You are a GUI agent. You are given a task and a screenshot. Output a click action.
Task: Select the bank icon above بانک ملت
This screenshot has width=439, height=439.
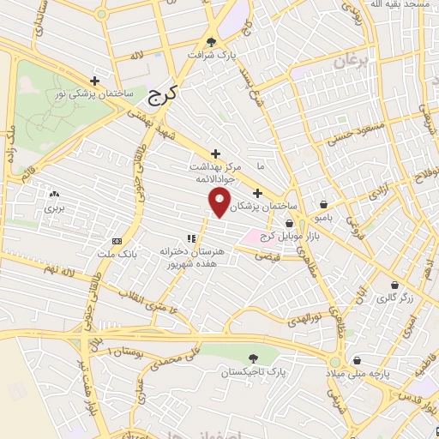117,241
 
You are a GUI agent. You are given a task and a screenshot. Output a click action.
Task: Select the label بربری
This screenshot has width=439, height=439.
55,208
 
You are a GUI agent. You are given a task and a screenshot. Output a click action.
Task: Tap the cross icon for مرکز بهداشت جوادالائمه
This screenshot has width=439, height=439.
215,153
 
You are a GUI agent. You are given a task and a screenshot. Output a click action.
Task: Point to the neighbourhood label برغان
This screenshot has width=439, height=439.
349,63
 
